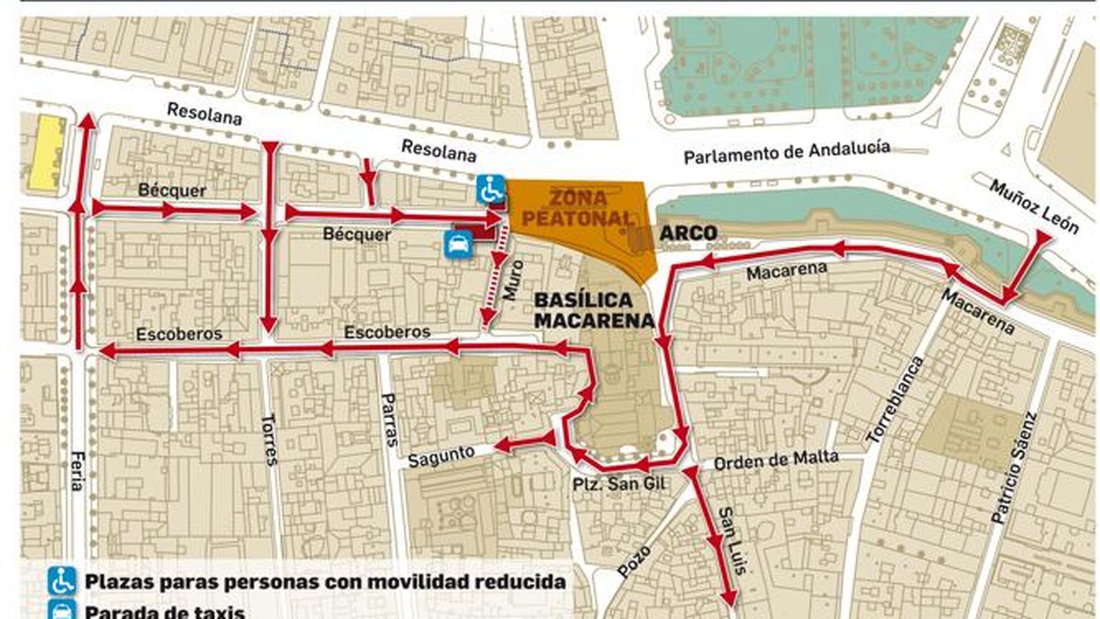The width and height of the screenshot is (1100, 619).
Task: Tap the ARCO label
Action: click(x=687, y=233)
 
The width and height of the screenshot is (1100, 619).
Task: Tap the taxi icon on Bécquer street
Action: click(x=458, y=244)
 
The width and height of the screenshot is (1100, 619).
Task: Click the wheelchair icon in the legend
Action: click(x=63, y=581)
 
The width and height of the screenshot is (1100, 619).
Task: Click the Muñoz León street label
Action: click(x=1033, y=206)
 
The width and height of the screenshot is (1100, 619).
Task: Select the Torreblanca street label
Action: click(x=894, y=400)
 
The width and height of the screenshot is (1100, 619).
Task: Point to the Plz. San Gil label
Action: click(x=619, y=484)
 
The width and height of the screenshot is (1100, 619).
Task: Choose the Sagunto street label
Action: click(x=441, y=457)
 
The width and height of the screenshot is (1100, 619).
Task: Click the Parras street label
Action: click(x=389, y=420)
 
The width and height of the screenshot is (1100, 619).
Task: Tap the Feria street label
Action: click(x=77, y=470)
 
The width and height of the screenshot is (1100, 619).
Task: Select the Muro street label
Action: click(x=513, y=280)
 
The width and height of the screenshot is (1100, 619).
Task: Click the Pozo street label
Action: click(x=633, y=561)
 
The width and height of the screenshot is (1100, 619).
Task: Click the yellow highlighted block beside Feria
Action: click(x=45, y=152)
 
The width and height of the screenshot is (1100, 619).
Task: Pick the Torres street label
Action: click(x=269, y=440)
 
